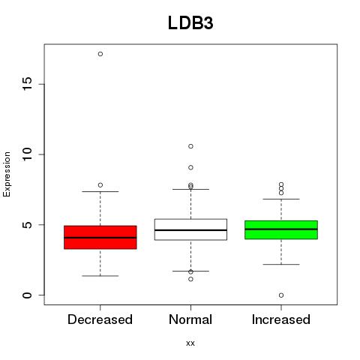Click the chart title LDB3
(190, 23)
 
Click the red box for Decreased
(100, 237)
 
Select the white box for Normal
(190, 229)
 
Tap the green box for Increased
(281, 229)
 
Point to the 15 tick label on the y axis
(27, 84)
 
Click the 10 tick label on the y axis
(27, 154)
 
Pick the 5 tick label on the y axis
(27, 224)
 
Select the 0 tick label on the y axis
(27, 295)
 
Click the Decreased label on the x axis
(100, 319)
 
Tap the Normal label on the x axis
(190, 319)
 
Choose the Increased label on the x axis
(281, 319)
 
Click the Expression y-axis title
(7, 174)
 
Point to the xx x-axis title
(190, 343)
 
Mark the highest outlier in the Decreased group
(100, 54)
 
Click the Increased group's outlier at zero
(281, 295)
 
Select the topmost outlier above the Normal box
(190, 146)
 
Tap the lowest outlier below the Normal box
(190, 279)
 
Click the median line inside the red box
(100, 238)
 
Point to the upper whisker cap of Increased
(281, 199)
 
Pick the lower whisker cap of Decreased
(100, 276)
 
